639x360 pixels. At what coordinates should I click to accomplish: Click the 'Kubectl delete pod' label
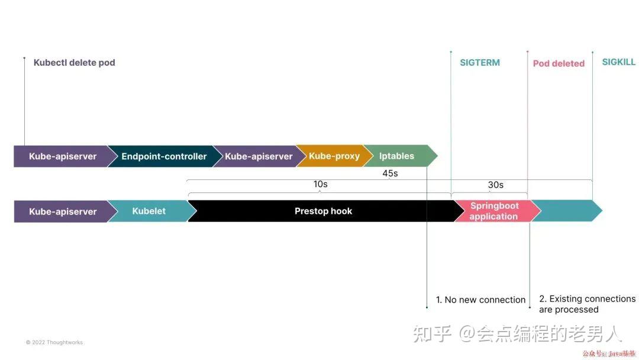tap(74, 63)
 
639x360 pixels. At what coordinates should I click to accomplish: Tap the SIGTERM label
tap(480, 63)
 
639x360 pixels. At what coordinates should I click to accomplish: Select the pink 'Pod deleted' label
tap(559, 63)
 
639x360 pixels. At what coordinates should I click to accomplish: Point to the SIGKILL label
tap(619, 62)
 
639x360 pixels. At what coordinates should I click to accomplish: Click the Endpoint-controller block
tap(163, 156)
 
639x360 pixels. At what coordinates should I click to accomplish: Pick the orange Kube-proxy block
tap(334, 156)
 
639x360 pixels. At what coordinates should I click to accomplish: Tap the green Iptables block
tap(397, 156)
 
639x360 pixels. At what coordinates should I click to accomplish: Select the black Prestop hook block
tap(323, 211)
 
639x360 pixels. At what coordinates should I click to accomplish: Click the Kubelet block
tap(149, 211)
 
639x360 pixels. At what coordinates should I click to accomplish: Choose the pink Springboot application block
tap(494, 211)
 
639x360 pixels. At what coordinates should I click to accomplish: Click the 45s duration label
tap(390, 173)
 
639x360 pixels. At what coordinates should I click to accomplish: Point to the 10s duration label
tap(320, 185)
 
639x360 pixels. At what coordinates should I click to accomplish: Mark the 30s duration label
tap(496, 185)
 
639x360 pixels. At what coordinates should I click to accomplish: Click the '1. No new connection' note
tap(480, 300)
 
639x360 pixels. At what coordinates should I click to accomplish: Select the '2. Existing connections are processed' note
tap(587, 304)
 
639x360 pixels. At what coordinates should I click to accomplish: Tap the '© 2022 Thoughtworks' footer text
tap(54, 342)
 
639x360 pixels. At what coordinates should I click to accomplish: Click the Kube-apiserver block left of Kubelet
tap(62, 211)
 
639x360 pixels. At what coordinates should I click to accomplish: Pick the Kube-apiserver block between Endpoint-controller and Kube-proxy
tap(259, 156)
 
